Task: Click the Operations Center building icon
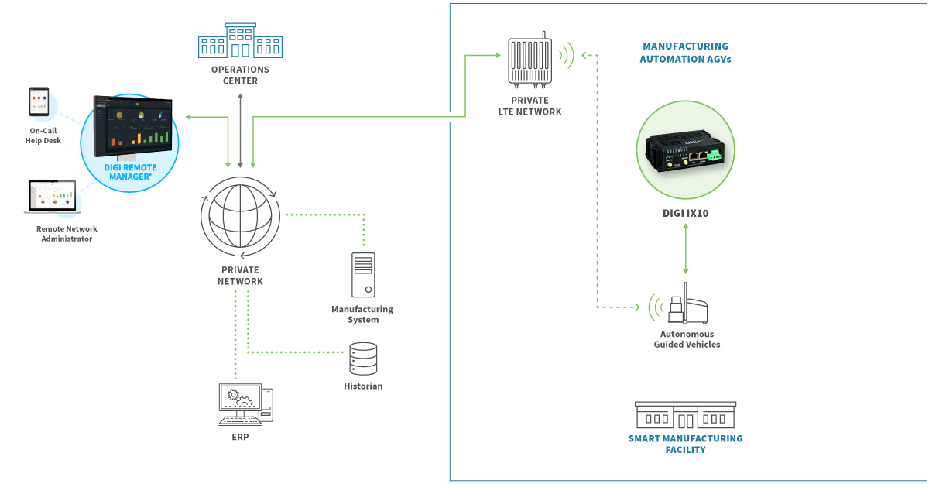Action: pyautogui.click(x=240, y=40)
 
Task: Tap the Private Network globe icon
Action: pyautogui.click(x=240, y=218)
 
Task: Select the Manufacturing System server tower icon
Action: pyautogui.click(x=362, y=274)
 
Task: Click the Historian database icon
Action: pyautogui.click(x=363, y=359)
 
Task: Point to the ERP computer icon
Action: pyautogui.click(x=245, y=405)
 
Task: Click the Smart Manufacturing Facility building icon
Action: pyautogui.click(x=685, y=415)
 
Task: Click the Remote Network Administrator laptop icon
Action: pyautogui.click(x=51, y=197)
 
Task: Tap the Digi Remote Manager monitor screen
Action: pyautogui.click(x=132, y=122)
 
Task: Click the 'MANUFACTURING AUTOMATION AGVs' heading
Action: pyautogui.click(x=685, y=53)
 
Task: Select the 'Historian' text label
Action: pyautogui.click(x=363, y=386)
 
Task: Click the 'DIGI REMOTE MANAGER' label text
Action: pyautogui.click(x=130, y=172)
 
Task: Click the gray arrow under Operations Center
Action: pyautogui.click(x=241, y=130)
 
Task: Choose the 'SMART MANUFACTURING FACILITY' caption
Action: pyautogui.click(x=685, y=444)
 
